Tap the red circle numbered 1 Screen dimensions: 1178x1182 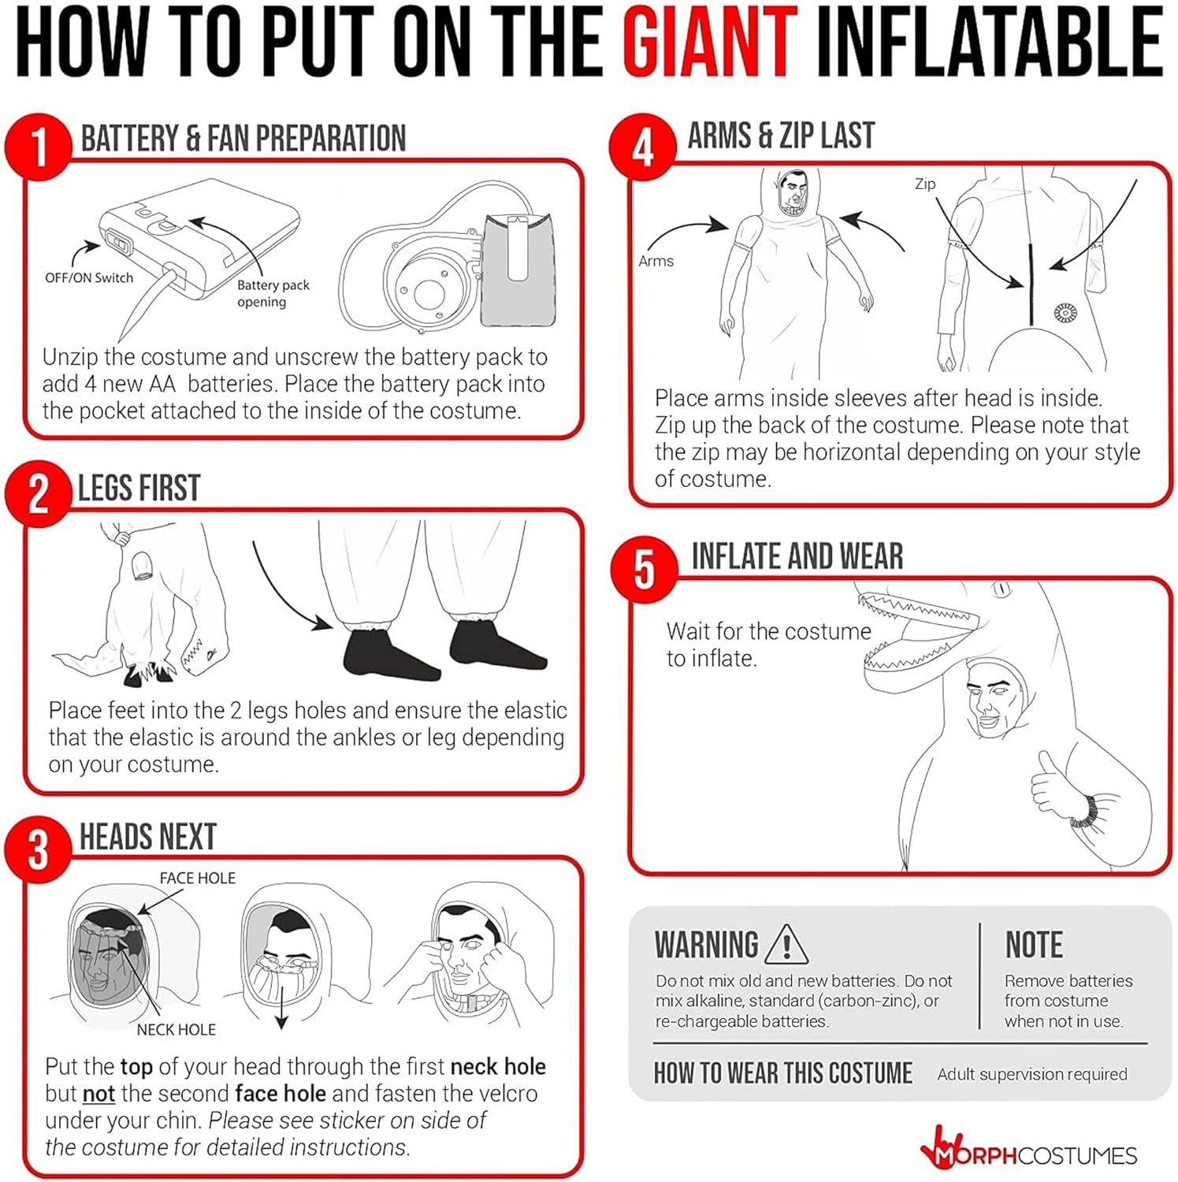point(38,146)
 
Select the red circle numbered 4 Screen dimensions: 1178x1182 point(643,147)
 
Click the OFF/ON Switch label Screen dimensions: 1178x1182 point(89,277)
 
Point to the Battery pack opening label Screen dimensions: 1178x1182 point(273,293)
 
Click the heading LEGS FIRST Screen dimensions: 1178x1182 point(139,488)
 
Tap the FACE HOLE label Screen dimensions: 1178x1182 point(198,878)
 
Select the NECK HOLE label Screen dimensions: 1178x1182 point(177,1029)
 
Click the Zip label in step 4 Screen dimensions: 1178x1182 point(925,184)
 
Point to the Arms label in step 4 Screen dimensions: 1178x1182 point(656,261)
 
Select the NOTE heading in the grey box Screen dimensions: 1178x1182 point(1034,944)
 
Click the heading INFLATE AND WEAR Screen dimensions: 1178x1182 point(797,556)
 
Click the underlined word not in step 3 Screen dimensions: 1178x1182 point(98,1094)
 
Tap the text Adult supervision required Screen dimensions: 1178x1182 point(1032,1074)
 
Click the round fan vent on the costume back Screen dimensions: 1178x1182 point(1065,313)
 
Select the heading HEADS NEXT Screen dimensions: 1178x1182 point(148,837)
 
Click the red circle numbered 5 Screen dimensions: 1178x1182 point(645,569)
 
